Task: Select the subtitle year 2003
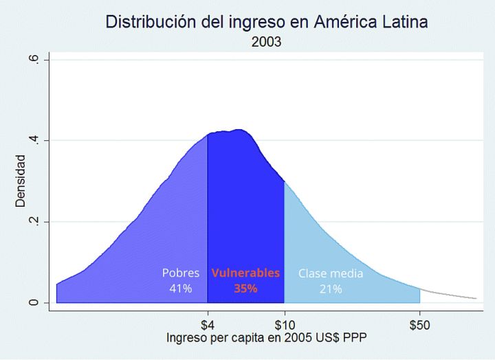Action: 266,42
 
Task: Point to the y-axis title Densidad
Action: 21,181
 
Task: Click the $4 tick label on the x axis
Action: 208,324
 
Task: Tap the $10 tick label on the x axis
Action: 285,324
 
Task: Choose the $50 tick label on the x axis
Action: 419,324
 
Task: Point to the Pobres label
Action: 181,273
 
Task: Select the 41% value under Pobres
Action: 181,289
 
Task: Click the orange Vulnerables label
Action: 245,273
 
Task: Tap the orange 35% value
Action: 245,289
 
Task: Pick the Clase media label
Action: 331,273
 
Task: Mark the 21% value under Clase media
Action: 331,289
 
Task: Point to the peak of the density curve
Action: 239,129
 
